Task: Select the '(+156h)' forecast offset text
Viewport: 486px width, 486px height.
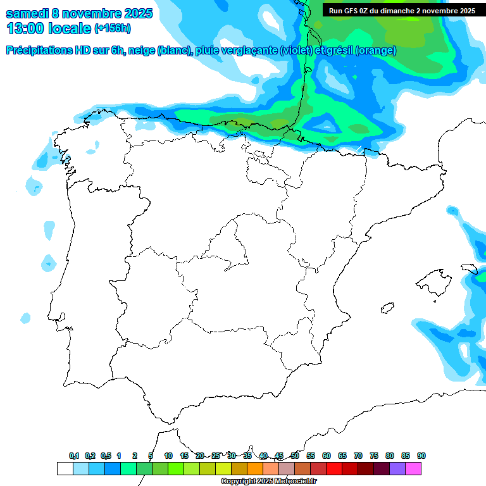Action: (x=112, y=28)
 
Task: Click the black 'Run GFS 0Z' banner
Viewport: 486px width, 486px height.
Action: (x=402, y=11)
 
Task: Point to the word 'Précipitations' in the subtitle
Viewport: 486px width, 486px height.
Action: (x=40, y=51)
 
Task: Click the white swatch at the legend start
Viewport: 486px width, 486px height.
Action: (x=65, y=468)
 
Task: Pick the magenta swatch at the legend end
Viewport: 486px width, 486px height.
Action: (x=413, y=468)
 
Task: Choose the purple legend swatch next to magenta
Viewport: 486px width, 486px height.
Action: (x=397, y=468)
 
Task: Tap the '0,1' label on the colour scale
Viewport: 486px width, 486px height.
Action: (x=74, y=456)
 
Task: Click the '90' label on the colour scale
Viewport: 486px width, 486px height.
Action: (x=421, y=456)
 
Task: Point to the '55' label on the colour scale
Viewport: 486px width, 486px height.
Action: (x=311, y=456)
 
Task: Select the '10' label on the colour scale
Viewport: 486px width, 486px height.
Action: (x=168, y=456)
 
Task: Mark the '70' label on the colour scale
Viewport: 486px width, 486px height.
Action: (x=358, y=456)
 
